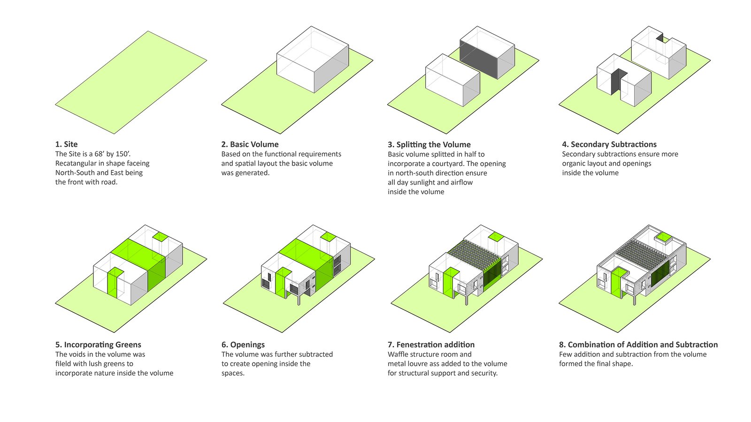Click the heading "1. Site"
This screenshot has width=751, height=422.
tap(67, 144)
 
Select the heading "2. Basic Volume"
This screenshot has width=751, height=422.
tap(250, 144)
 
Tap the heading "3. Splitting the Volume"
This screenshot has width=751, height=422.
tap(429, 144)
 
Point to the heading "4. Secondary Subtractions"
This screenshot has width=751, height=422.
tap(609, 144)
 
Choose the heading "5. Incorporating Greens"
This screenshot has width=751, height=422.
tap(98, 345)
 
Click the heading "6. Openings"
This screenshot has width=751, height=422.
tap(243, 345)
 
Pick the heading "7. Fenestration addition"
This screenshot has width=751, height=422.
tap(431, 345)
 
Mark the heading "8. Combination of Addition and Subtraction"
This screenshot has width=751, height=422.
tap(638, 345)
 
